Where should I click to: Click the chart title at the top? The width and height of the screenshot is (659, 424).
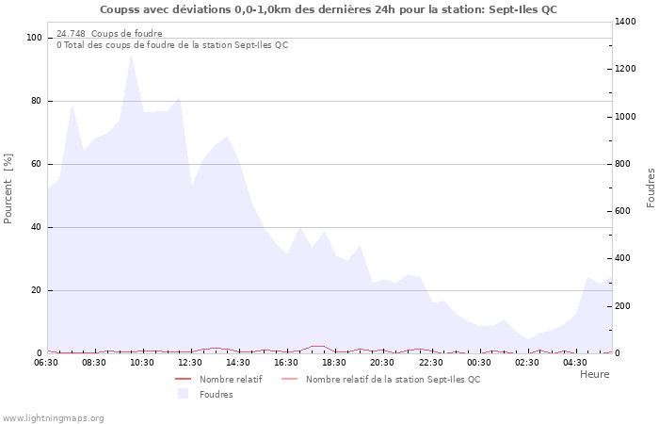(x=329, y=9)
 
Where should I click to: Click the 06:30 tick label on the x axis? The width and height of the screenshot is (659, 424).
(x=46, y=362)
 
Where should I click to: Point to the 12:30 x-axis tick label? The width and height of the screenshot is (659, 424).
(x=191, y=362)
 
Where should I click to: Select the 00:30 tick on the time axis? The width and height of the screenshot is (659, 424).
(x=479, y=362)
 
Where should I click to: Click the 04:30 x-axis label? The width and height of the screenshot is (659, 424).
(x=575, y=362)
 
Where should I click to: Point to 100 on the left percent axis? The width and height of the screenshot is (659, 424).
(x=35, y=38)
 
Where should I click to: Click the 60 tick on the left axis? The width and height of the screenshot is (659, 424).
(x=37, y=164)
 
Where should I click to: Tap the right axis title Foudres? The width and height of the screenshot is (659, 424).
(x=651, y=188)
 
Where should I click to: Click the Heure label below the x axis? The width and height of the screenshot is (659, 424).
(x=594, y=374)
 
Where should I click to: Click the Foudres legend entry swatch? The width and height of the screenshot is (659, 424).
(x=183, y=394)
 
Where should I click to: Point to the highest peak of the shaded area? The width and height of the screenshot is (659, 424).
(x=131, y=55)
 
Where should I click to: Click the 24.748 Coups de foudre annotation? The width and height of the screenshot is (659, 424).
(x=109, y=34)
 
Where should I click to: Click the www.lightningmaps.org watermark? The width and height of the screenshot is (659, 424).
(x=54, y=417)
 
